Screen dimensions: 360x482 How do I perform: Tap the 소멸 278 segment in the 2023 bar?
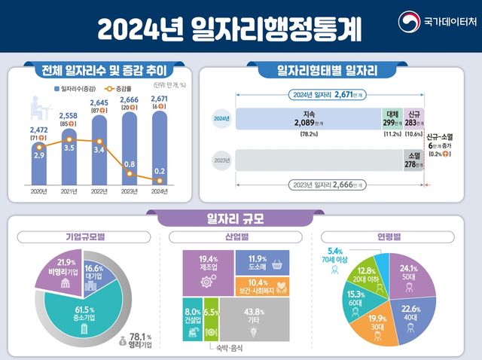coord(413,160)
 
